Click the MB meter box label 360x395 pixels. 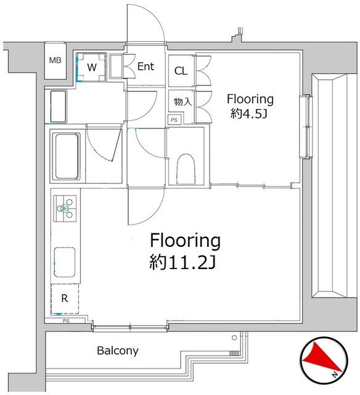click(x=55, y=61)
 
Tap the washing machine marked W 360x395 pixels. click(x=91, y=67)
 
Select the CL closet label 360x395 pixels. click(x=181, y=71)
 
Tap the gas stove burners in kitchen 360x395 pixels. click(x=65, y=208)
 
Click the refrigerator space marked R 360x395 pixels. click(x=64, y=299)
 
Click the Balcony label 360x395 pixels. click(x=117, y=351)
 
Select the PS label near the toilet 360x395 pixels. click(x=174, y=120)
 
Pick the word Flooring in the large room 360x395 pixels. click(x=182, y=239)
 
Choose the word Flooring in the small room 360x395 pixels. click(x=250, y=99)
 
